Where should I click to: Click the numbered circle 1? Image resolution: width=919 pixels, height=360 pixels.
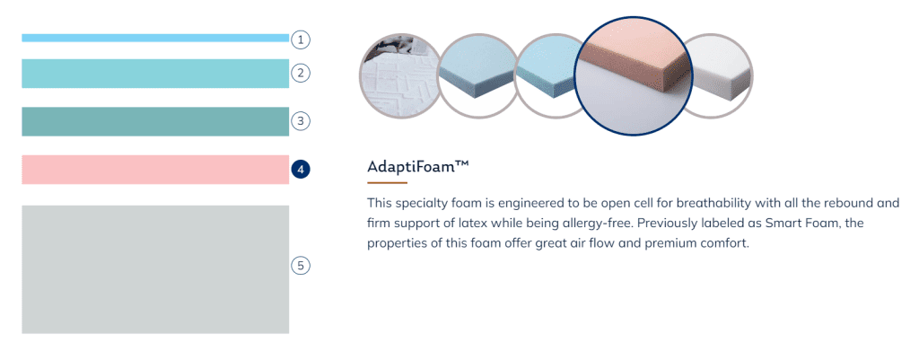click(x=301, y=40)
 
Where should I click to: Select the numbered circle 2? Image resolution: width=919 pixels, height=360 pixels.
click(x=301, y=74)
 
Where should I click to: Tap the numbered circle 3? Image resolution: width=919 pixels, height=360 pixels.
click(x=301, y=121)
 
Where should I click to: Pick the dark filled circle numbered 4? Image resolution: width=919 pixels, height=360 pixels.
click(x=301, y=170)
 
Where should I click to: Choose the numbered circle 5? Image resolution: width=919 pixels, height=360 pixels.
click(x=301, y=266)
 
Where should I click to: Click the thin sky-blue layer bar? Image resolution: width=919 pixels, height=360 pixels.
click(x=155, y=38)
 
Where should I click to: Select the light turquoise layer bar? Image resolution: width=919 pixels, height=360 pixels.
click(x=155, y=74)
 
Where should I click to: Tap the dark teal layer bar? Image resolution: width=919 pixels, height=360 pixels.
click(x=155, y=121)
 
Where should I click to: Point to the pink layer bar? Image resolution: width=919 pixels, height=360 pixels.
click(x=155, y=170)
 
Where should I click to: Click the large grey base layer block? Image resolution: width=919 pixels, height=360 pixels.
click(x=155, y=269)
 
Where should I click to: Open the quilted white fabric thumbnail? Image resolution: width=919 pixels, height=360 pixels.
click(x=398, y=76)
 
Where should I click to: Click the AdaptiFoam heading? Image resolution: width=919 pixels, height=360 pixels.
click(x=418, y=166)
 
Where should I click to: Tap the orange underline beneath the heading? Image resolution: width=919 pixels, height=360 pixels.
click(x=387, y=183)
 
